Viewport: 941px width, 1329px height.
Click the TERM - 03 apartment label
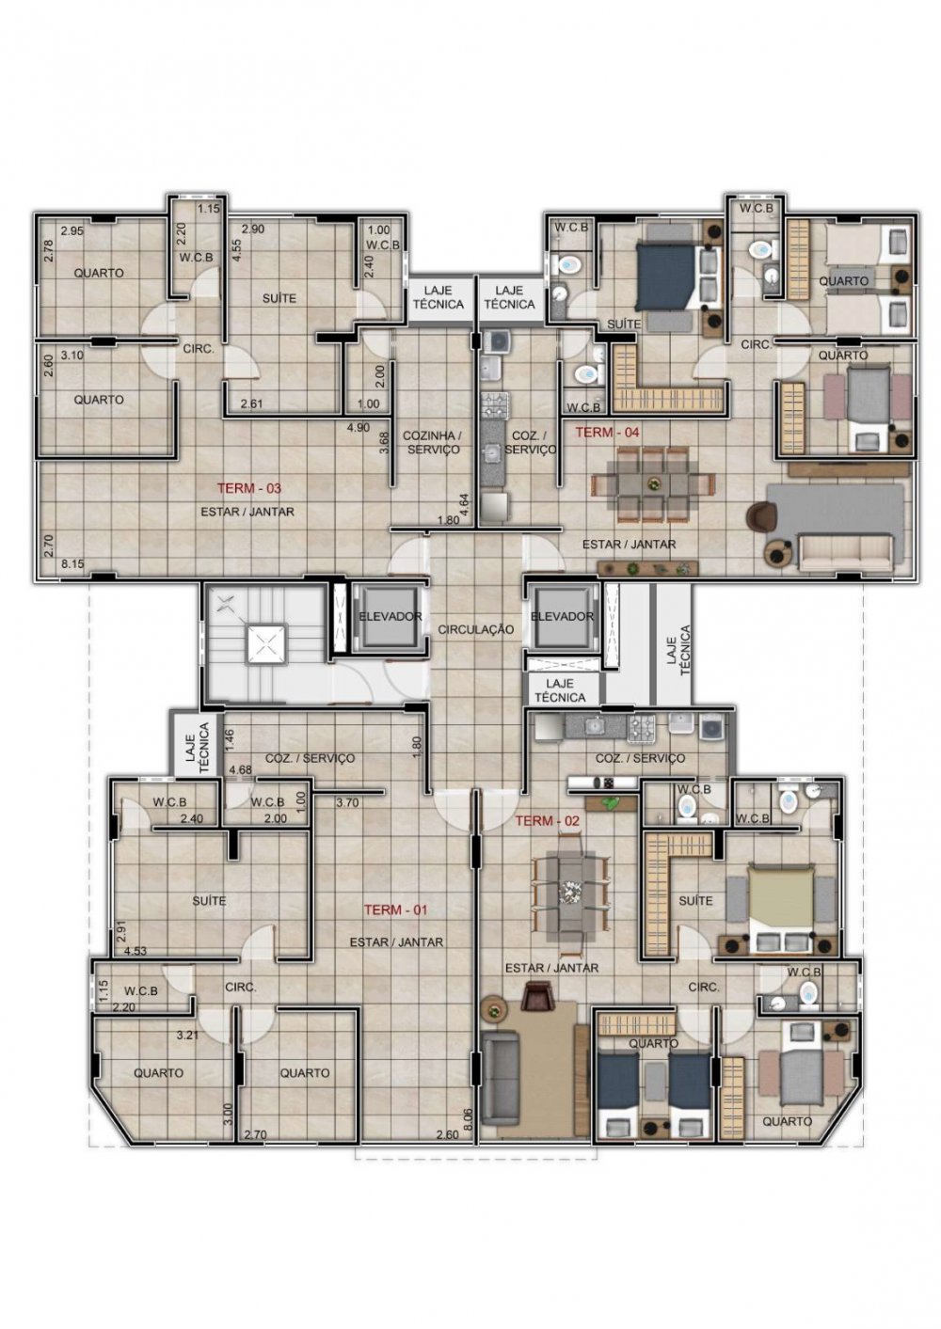point(248,488)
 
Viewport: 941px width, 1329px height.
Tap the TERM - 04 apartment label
point(607,433)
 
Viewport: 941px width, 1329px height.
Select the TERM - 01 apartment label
point(396,910)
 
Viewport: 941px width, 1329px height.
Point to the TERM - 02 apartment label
point(547,821)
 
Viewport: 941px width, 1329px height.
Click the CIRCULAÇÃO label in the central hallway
point(476,629)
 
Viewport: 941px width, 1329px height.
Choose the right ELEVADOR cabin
point(562,617)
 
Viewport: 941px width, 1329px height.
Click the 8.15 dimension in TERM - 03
point(72,564)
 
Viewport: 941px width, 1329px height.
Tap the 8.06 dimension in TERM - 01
point(470,1118)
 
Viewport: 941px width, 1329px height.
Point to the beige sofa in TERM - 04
point(845,552)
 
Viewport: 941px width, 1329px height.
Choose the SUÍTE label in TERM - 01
point(209,901)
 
